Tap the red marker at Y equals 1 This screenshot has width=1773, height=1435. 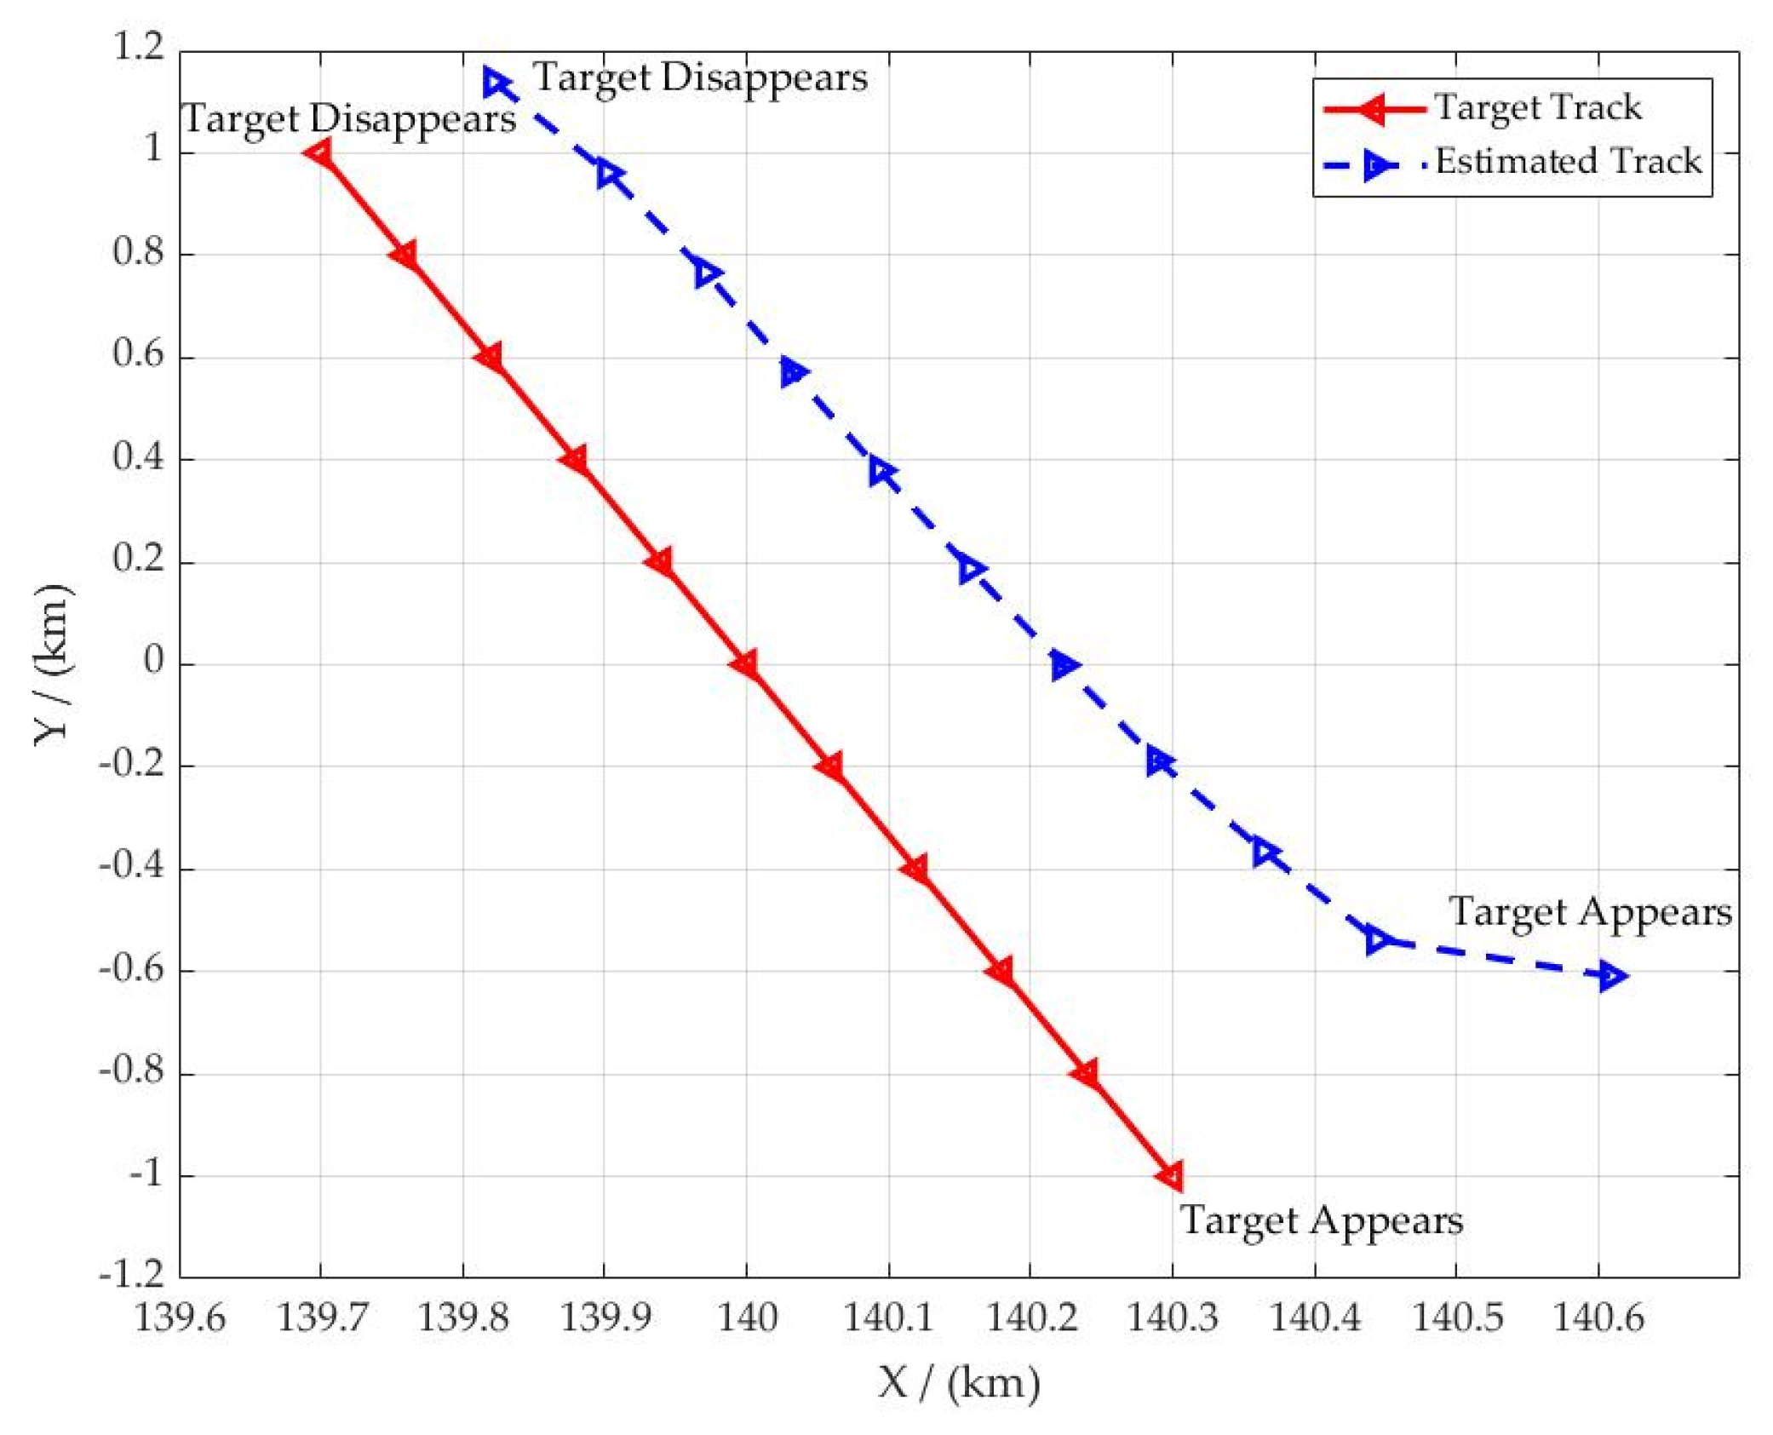pyautogui.click(x=320, y=153)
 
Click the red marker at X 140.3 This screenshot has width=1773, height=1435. pyautogui.click(x=1172, y=1176)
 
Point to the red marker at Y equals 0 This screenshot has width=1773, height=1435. pyautogui.click(x=746, y=664)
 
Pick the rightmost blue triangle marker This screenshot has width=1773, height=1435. pyautogui.click(x=1610, y=976)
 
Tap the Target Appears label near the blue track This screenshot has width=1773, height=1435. pyautogui.click(x=1590, y=912)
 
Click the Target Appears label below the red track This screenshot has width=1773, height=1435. pyautogui.click(x=1321, y=1220)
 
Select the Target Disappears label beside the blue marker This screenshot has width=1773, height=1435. pyautogui.click(x=700, y=77)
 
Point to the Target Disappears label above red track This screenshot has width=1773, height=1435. pyautogui.click(x=349, y=118)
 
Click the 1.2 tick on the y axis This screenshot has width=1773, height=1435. pyautogui.click(x=139, y=47)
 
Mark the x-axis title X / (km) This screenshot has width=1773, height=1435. pyautogui.click(x=959, y=1383)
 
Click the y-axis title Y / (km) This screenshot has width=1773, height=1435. pyautogui.click(x=53, y=664)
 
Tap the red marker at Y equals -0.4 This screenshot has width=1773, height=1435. pyautogui.click(x=916, y=869)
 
